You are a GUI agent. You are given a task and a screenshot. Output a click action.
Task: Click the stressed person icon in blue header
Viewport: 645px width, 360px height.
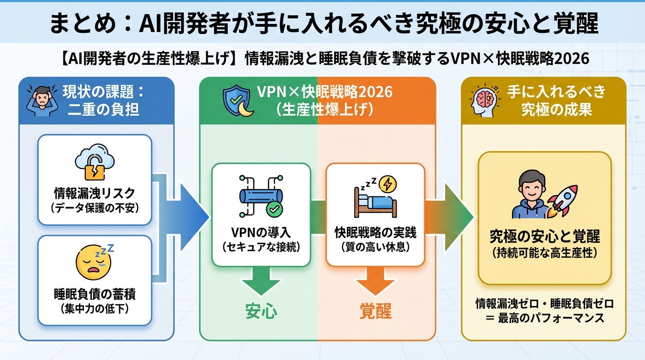pos(39,99)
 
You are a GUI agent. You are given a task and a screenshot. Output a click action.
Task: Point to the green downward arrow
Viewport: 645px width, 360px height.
pos(261,281)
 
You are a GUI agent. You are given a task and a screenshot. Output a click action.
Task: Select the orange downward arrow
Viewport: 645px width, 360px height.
pos(375,281)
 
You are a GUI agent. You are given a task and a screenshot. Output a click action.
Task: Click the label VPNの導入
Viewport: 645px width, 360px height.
pos(261,233)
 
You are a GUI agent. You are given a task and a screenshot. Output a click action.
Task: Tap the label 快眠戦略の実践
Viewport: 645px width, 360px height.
pos(375,233)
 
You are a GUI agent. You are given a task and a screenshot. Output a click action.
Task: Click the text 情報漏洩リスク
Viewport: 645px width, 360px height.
pos(94,193)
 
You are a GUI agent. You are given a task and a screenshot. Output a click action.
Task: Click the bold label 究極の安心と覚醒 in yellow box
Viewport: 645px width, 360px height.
pos(544,236)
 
